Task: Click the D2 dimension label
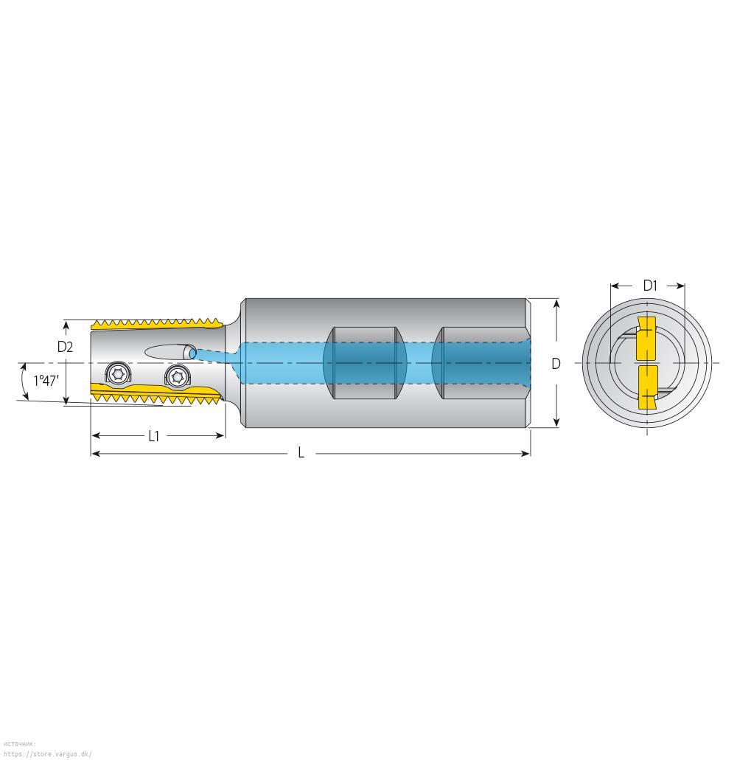[65, 347]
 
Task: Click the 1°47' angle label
[46, 381]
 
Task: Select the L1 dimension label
[153, 437]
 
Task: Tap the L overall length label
[301, 453]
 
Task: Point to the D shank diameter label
[556, 364]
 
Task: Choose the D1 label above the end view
[650, 286]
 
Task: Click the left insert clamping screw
[118, 373]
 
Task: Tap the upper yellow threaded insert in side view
[158, 324]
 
